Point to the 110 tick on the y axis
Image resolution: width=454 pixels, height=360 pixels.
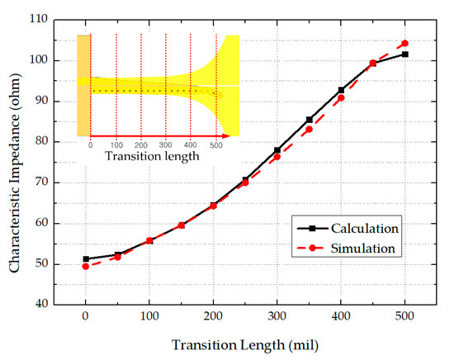pyautogui.click(x=36, y=20)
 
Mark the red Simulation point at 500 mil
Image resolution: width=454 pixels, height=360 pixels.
pyautogui.click(x=404, y=43)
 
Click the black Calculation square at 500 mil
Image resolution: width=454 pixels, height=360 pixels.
pyautogui.click(x=404, y=54)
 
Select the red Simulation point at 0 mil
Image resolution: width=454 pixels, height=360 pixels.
pyautogui.click(x=85, y=266)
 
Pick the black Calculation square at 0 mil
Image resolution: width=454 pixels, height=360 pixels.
pyautogui.click(x=85, y=258)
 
